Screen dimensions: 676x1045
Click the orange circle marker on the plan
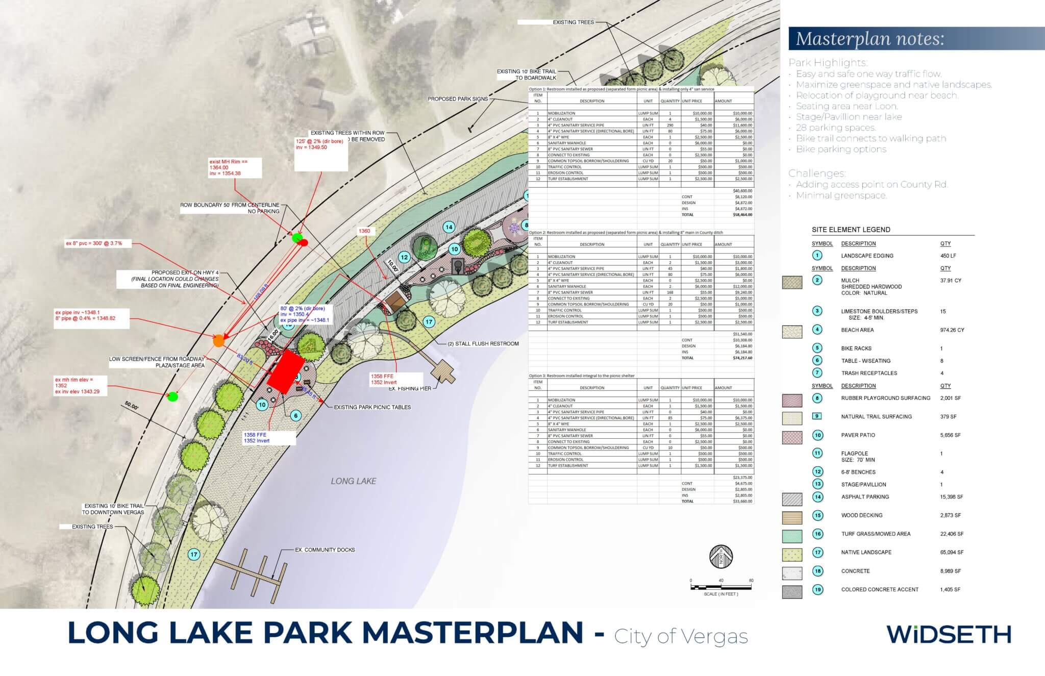point(219,341)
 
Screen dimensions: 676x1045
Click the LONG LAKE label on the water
point(353,481)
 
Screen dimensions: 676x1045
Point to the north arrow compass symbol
point(721,557)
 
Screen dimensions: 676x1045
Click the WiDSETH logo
point(949,634)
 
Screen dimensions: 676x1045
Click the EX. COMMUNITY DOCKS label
point(325,549)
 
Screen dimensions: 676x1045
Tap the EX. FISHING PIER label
point(410,389)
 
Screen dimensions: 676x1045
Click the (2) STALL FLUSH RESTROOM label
point(483,343)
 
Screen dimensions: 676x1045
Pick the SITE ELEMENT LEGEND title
point(851,230)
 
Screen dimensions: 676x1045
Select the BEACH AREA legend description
point(857,330)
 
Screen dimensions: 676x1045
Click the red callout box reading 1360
point(364,231)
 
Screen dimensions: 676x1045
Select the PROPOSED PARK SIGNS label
point(457,99)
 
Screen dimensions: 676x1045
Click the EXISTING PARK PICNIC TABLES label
point(372,407)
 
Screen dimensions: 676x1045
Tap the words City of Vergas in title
point(681,636)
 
